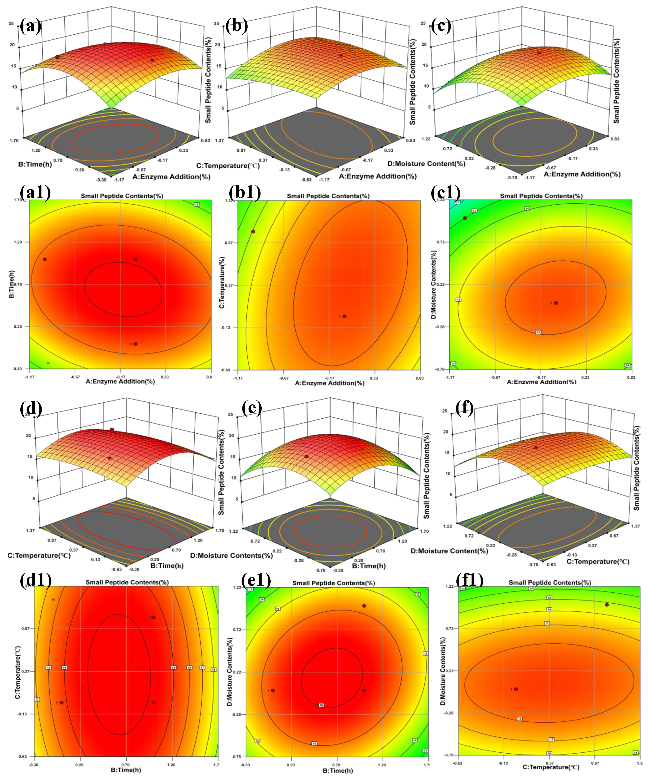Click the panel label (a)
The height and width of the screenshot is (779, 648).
tap(30, 27)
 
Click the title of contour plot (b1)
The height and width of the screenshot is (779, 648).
tap(328, 196)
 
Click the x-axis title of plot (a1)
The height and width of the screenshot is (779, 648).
tap(120, 381)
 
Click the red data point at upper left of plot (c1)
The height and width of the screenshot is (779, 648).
tap(464, 218)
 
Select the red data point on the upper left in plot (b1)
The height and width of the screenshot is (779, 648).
tap(253, 232)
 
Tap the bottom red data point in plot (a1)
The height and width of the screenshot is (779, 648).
tap(135, 344)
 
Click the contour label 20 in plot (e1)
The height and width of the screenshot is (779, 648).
tap(321, 705)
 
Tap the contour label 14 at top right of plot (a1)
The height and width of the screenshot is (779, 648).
tap(197, 204)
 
